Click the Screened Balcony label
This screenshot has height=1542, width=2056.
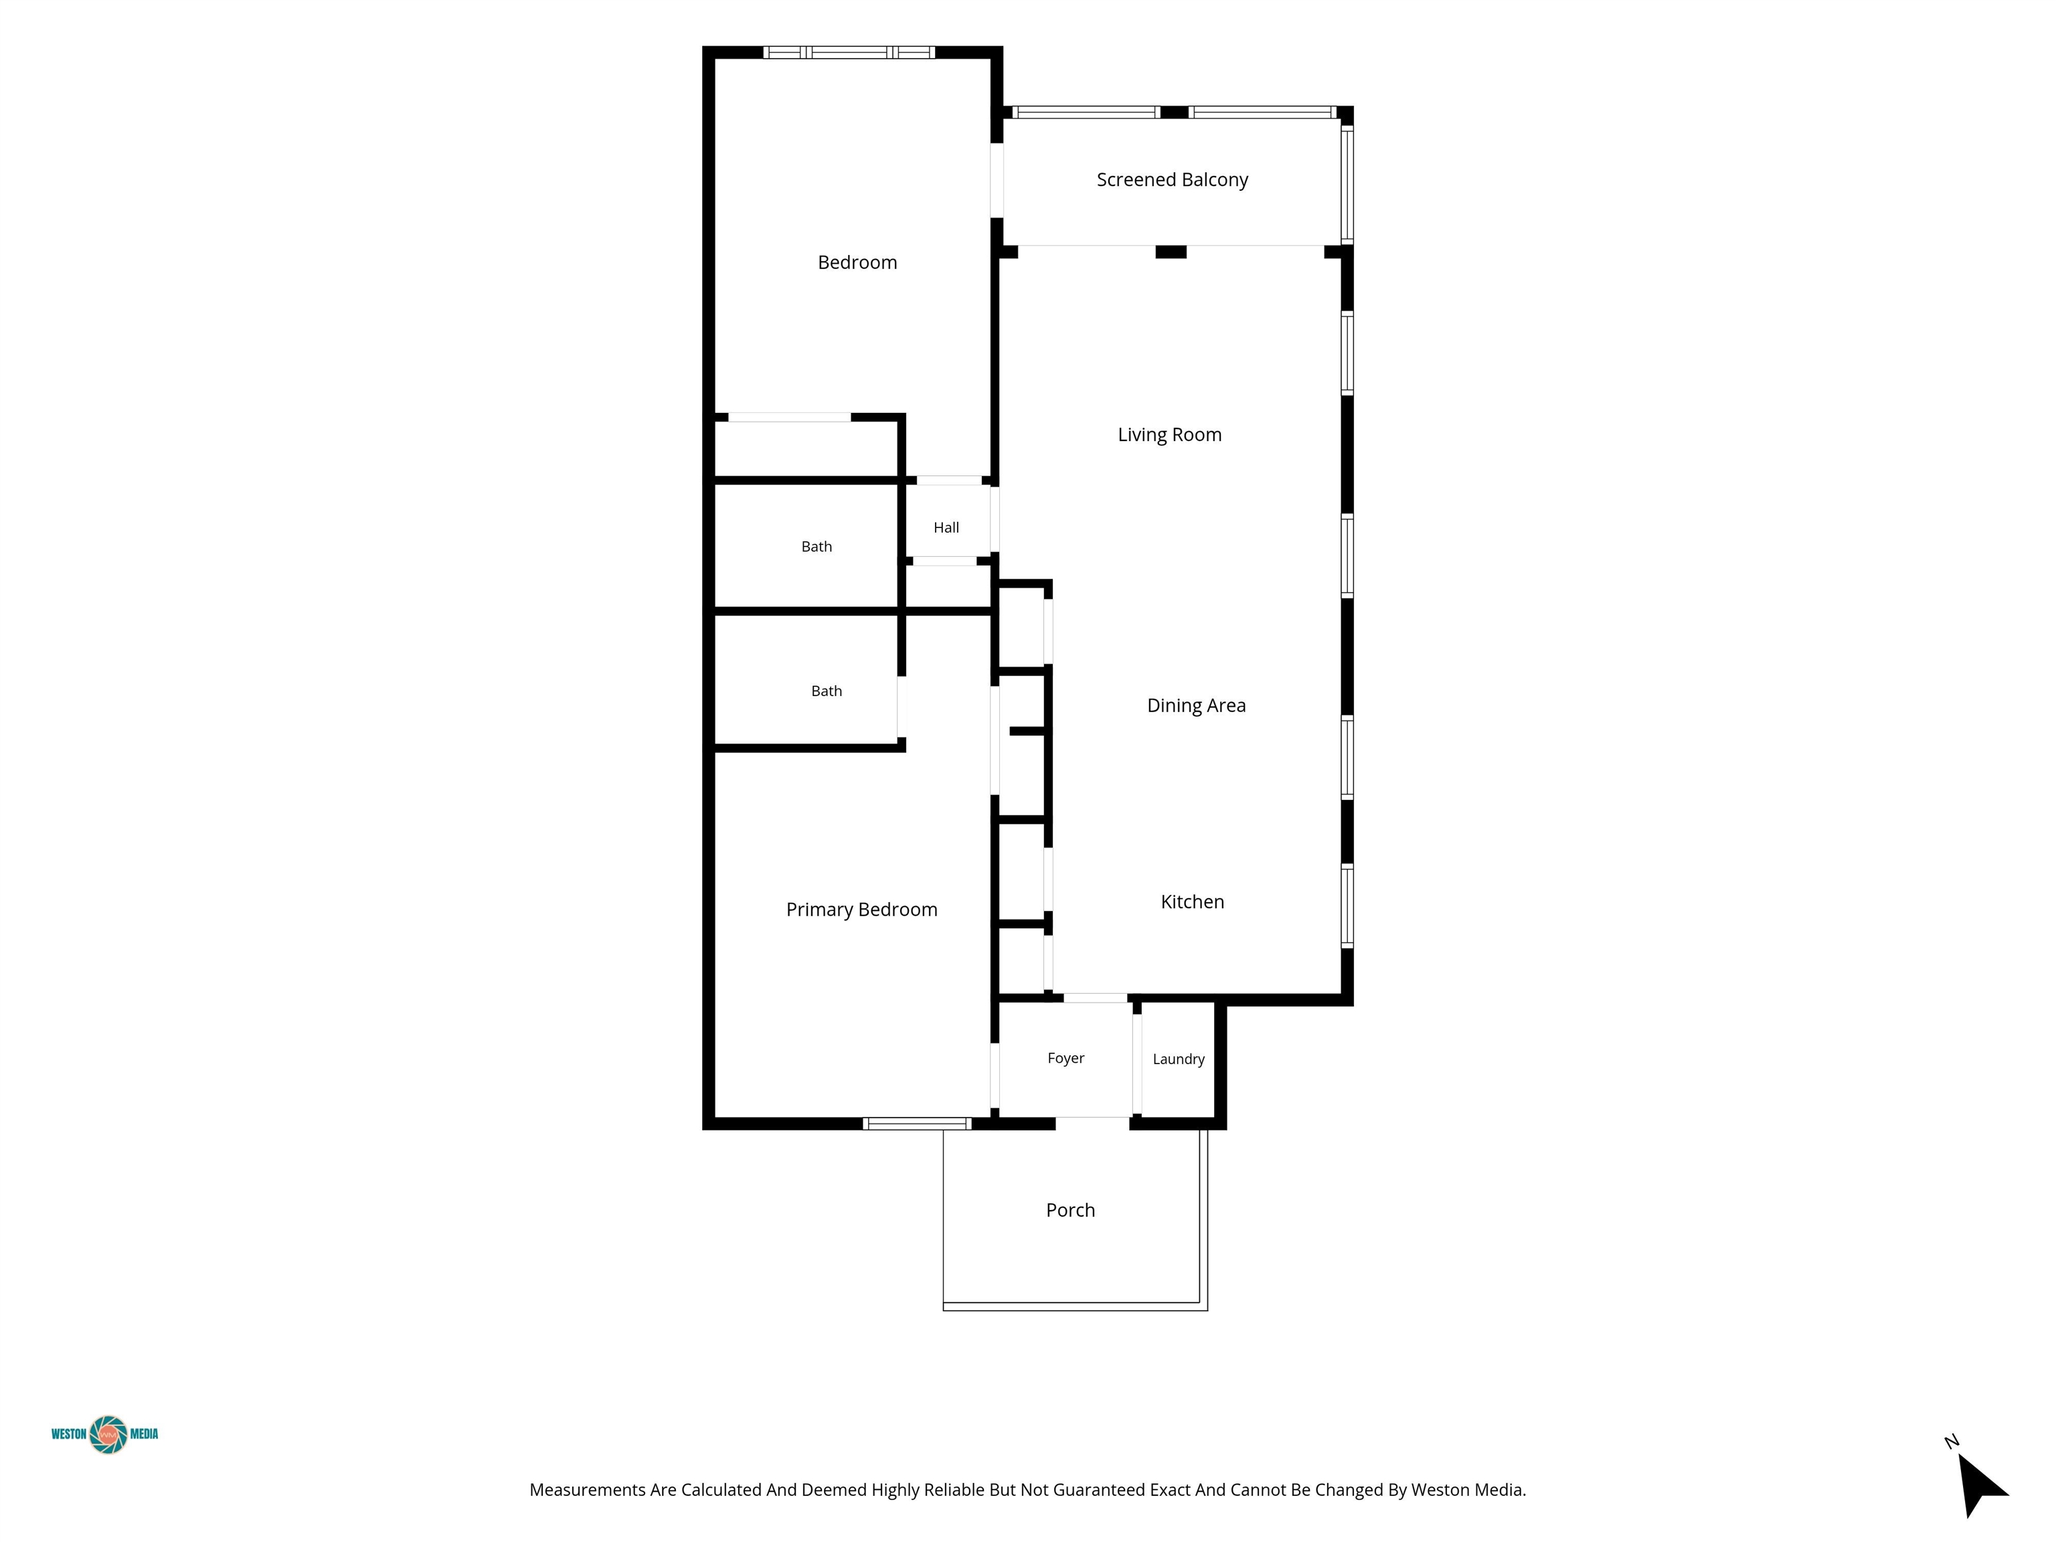point(1172,180)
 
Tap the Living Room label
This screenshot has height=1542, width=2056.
point(1169,435)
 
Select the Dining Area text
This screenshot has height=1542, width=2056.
point(1196,705)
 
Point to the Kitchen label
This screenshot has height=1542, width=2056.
point(1193,902)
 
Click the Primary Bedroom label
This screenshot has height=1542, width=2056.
point(861,910)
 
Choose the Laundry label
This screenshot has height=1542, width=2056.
point(1179,1059)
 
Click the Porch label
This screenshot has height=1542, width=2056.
point(1071,1210)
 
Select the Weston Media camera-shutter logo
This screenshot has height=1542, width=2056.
point(108,1434)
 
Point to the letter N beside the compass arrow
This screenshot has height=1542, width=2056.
point(1951,1442)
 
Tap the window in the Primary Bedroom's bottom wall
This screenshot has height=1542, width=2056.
point(918,1124)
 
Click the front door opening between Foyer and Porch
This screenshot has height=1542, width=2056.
point(1092,1124)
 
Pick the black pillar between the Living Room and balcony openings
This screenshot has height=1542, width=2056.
point(1171,252)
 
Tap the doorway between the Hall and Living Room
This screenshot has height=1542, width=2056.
point(995,519)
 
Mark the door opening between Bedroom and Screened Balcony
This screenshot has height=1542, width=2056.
point(997,180)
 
